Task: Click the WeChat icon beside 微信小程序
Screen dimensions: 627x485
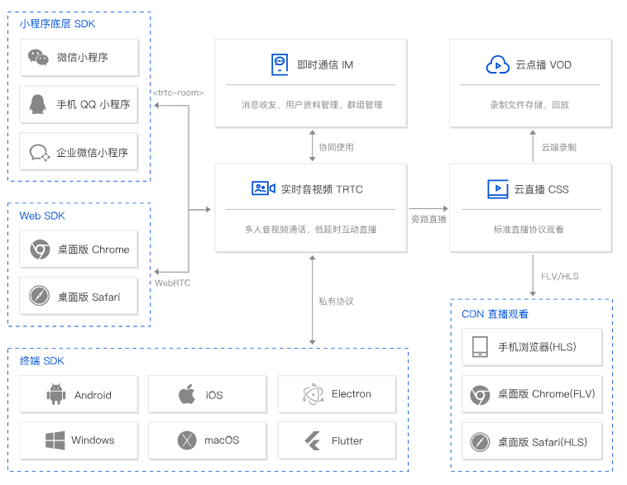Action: coord(38,57)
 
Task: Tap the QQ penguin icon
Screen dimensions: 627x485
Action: coord(37,104)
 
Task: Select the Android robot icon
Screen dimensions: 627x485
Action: coord(56,394)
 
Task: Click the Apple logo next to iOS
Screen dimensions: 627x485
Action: coord(187,394)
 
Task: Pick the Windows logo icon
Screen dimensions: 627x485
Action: coord(55,440)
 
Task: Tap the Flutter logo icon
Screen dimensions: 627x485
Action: coord(313,440)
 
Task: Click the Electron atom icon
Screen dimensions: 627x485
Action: coord(313,394)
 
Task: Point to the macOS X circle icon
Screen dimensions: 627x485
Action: coord(187,440)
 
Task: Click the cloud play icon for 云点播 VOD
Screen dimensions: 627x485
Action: coord(497,64)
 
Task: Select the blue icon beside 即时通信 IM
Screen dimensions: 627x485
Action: coord(280,64)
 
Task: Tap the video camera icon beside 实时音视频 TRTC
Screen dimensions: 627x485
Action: coord(263,188)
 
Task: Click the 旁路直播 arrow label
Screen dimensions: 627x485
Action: coord(428,219)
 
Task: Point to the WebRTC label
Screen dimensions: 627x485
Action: coord(172,283)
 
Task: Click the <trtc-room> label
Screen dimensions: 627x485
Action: coord(178,93)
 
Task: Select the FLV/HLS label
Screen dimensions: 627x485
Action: coord(559,276)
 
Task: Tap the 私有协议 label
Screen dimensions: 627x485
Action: coord(336,302)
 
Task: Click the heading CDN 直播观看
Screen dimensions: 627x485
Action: coord(495,314)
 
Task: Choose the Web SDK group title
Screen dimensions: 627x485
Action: coord(42,216)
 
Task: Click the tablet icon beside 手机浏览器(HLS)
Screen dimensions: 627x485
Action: coord(480,346)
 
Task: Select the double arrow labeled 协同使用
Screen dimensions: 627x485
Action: coord(313,145)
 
